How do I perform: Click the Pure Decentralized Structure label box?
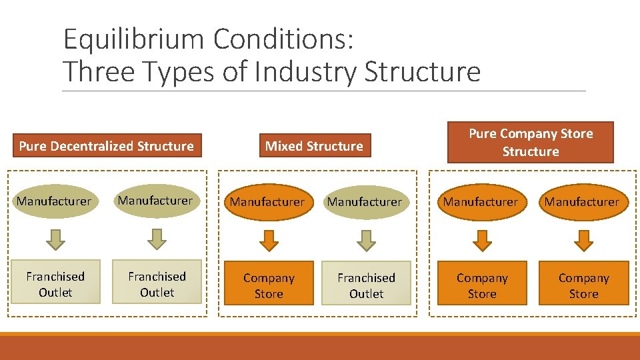pyautogui.click(x=106, y=146)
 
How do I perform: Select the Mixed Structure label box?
pyautogui.click(x=314, y=146)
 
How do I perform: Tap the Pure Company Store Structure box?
pyautogui.click(x=530, y=143)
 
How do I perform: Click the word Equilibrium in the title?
pyautogui.click(x=134, y=40)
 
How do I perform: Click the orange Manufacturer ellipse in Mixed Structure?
pyautogui.click(x=267, y=201)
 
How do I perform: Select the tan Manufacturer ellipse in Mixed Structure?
pyautogui.click(x=365, y=201)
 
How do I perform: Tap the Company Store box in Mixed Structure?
pyautogui.click(x=269, y=285)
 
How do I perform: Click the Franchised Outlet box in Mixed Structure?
pyautogui.click(x=366, y=285)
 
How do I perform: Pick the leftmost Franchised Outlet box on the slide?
pyautogui.click(x=55, y=284)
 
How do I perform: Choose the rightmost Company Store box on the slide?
pyautogui.click(x=584, y=285)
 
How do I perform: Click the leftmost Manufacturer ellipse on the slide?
pyautogui.click(x=54, y=201)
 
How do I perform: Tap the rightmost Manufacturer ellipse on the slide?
pyautogui.click(x=582, y=201)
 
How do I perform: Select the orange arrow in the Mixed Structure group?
pyautogui.click(x=268, y=241)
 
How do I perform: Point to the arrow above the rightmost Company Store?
pyautogui.click(x=584, y=241)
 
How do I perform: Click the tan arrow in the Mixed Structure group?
pyautogui.click(x=366, y=241)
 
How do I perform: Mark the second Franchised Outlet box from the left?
pyautogui.click(x=157, y=284)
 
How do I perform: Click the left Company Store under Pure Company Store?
pyautogui.click(x=482, y=285)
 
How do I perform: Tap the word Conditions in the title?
pyautogui.click(x=283, y=40)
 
